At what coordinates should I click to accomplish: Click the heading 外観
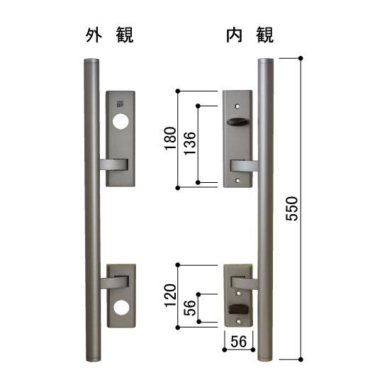[109, 34]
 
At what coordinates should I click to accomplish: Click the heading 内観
[249, 34]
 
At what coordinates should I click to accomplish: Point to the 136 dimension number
[190, 145]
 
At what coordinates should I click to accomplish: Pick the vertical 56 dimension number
[190, 308]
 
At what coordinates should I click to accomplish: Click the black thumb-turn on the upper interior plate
[233, 124]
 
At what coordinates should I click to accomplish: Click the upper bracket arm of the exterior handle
[113, 165]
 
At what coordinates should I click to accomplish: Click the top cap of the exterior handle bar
[92, 63]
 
